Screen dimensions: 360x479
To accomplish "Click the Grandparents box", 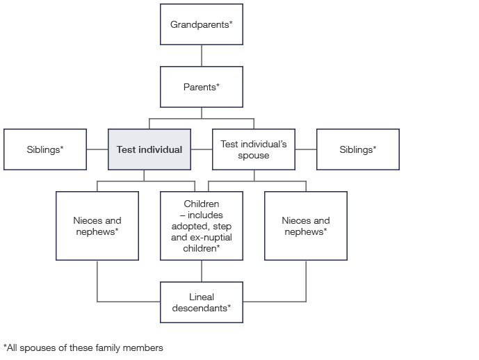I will tap(202, 24).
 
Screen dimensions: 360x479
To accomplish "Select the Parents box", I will tap(202, 87).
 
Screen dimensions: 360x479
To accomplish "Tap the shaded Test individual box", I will tap(149, 149).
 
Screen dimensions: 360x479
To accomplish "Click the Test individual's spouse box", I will tap(254, 149).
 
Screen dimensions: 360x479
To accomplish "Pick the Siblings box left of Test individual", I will tap(45, 149).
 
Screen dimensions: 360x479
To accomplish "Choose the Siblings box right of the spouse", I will tap(358, 149).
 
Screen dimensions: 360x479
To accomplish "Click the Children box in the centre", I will tap(202, 226).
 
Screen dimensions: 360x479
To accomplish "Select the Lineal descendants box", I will tap(202, 302).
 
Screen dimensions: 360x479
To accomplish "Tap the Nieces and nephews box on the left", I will tap(97, 226).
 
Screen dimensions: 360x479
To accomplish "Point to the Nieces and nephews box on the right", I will tap(306, 226).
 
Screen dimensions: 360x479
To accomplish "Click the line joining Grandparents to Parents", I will tap(202, 56).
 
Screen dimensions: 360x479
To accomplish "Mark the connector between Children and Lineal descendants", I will tap(202, 271).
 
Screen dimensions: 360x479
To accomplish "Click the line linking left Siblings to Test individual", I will tap(97, 149).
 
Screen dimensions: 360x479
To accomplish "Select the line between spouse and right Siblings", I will tap(306, 149).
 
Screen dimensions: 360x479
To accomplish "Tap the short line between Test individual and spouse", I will tap(202, 149).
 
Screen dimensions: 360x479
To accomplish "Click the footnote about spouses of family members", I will tap(83, 347).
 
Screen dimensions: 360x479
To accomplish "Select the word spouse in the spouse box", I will tap(254, 155).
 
